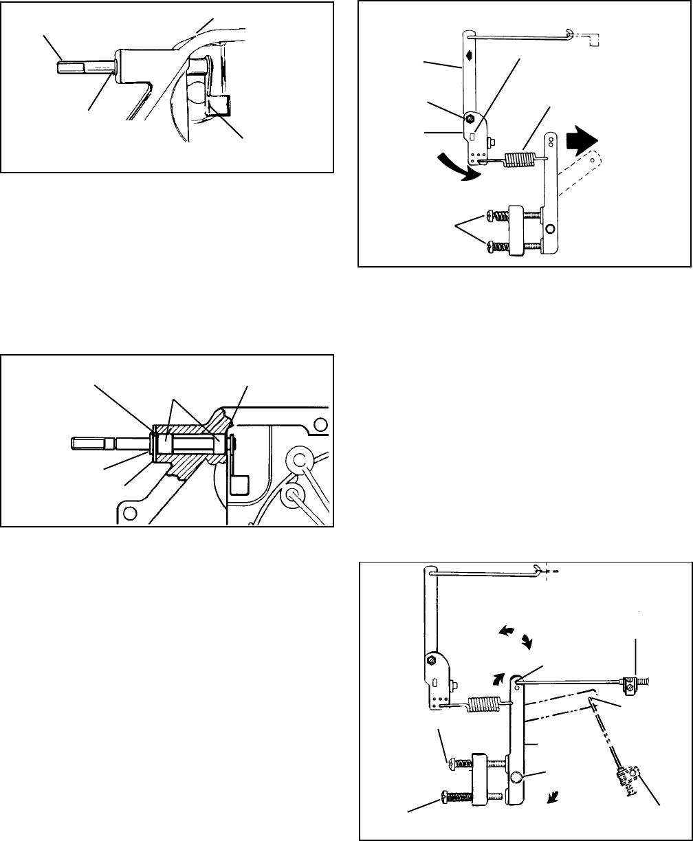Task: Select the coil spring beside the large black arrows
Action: click(x=520, y=160)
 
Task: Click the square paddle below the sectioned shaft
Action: click(x=236, y=485)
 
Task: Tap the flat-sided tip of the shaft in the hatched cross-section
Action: click(x=87, y=444)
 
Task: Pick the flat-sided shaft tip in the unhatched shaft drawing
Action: click(x=69, y=67)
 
